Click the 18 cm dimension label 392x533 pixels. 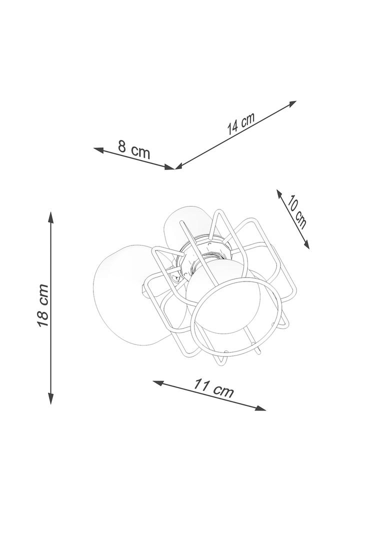click(43, 305)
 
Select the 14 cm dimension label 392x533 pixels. click(240, 123)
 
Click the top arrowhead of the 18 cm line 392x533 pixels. click(50, 217)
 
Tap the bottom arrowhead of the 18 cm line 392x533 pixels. click(50, 398)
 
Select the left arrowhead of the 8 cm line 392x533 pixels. click(99, 149)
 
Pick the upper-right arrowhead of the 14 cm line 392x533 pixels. click(291, 103)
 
